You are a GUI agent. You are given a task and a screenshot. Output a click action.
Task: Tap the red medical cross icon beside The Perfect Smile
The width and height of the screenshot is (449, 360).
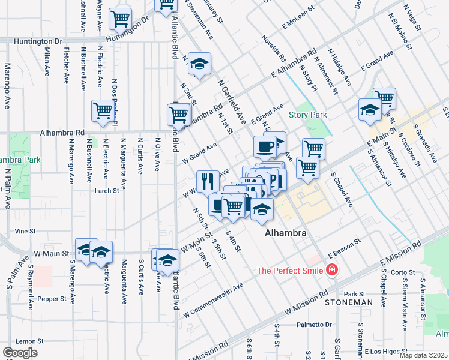pyautogui.click(x=331, y=271)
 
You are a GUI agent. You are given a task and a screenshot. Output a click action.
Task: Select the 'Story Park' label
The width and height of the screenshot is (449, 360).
pyautogui.click(x=307, y=115)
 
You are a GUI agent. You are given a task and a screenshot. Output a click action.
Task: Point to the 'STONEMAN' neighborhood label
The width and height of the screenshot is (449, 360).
pyautogui.click(x=349, y=303)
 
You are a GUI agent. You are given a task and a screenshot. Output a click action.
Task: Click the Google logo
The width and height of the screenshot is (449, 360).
pyautogui.click(x=19, y=353)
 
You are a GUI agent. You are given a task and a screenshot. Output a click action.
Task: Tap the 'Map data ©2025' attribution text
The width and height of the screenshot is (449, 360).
pyautogui.click(x=423, y=355)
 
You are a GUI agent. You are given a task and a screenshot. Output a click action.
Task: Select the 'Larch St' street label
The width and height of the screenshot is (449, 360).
pyautogui.click(x=107, y=191)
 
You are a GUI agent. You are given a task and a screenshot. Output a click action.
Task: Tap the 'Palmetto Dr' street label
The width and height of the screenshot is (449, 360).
pyautogui.click(x=315, y=325)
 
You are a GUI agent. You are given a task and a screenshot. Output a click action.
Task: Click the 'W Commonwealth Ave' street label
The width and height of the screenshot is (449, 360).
pyautogui.click(x=213, y=300)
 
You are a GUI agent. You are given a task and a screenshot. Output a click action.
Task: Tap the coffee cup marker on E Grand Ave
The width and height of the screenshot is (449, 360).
pyautogui.click(x=265, y=145)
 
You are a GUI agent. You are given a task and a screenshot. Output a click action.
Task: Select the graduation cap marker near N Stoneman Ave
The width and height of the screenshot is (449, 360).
pyautogui.click(x=199, y=63)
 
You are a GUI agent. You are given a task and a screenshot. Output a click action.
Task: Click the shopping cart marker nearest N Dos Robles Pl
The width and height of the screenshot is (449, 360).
pyautogui.click(x=103, y=110)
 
